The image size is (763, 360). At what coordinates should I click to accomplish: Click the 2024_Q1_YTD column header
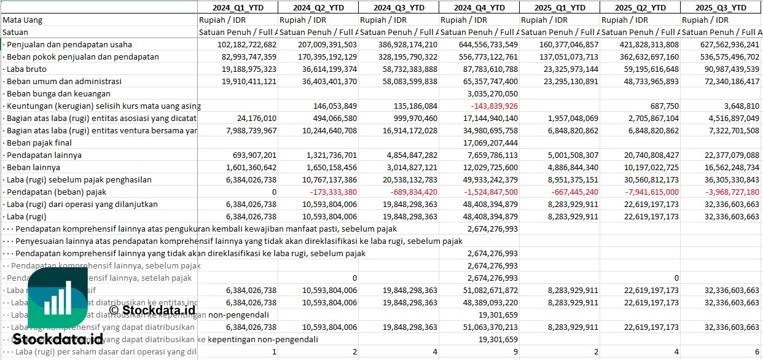pyautogui.click(x=237, y=7)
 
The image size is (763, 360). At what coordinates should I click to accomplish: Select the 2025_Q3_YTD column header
pyautogui.click(x=721, y=7)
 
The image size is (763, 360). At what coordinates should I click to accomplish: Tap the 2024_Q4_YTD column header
pyautogui.click(x=479, y=7)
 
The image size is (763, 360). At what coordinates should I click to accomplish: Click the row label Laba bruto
pyautogui.click(x=26, y=69)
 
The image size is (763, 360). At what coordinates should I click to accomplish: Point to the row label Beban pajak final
pyautogui.click(x=37, y=143)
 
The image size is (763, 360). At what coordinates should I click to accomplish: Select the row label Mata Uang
pyautogui.click(x=23, y=20)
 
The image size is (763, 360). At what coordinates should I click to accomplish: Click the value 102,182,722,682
pyautogui.click(x=248, y=44)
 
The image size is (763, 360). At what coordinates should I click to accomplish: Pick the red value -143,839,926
pyautogui.click(x=491, y=106)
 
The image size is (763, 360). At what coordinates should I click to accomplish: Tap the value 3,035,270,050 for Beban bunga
pyautogui.click(x=492, y=93)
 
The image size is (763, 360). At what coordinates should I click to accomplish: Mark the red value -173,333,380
pyautogui.click(x=331, y=192)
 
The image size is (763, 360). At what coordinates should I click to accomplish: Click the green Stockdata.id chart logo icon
pyautogui.click(x=57, y=299)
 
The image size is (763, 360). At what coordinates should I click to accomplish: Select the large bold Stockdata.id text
pyautogui.click(x=58, y=339)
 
